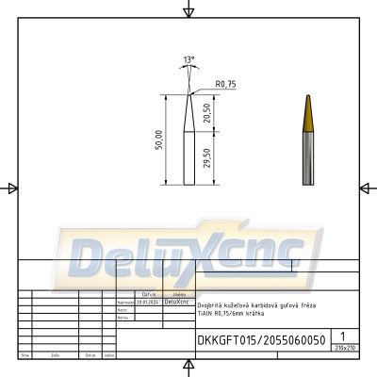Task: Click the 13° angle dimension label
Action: pyautogui.click(x=190, y=60)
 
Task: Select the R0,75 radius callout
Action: pyautogui.click(x=225, y=85)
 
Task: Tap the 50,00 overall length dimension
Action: pyautogui.click(x=159, y=139)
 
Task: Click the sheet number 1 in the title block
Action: pyautogui.click(x=344, y=336)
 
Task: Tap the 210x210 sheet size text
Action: pyautogui.click(x=344, y=348)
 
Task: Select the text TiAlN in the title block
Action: pyautogui.click(x=206, y=312)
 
